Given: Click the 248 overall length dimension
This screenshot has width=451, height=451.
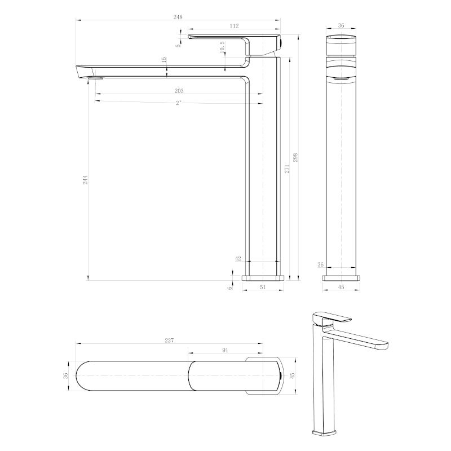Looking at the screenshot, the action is (178, 17).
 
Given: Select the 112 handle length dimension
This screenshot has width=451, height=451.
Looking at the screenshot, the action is (234, 26).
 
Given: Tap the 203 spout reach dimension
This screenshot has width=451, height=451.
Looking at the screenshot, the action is (179, 91).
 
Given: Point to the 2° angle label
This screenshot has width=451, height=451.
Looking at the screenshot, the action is (178, 103).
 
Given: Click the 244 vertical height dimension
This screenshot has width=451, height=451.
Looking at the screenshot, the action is (86, 179).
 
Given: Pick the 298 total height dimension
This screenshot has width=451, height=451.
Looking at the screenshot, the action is (295, 157).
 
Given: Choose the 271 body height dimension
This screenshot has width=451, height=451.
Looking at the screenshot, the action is (287, 169).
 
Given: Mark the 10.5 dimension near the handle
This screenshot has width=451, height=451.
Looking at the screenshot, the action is (222, 47).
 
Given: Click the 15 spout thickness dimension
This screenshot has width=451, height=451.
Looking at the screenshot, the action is (163, 60).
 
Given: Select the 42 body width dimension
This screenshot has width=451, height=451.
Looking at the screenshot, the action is (238, 258).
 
